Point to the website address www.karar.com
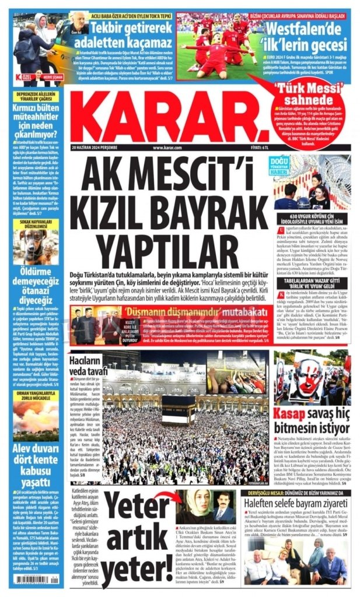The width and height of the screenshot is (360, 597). [167, 148]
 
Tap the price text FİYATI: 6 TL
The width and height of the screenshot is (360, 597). [256, 148]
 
